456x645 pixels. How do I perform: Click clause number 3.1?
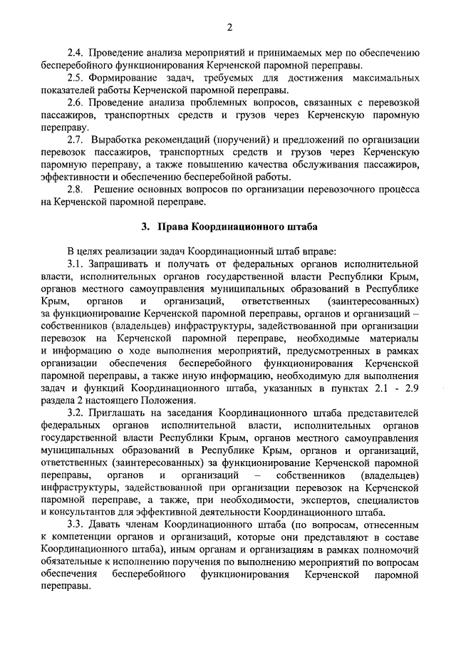[x=75, y=264]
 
